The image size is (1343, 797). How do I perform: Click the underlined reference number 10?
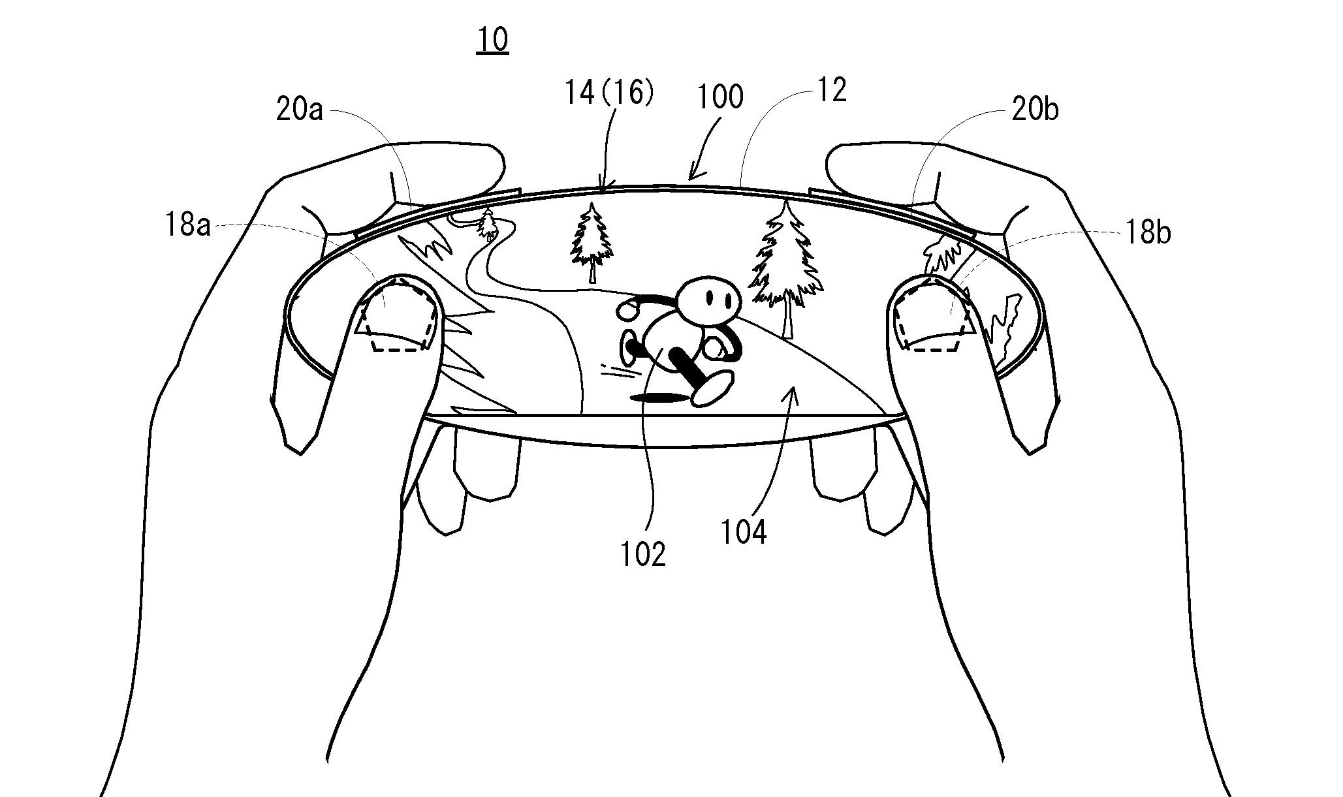tap(492, 40)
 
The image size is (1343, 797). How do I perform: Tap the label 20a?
tap(300, 110)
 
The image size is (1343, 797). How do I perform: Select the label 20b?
tap(1035, 110)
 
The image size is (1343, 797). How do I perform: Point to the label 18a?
tap(187, 226)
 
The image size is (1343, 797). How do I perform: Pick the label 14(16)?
tap(609, 93)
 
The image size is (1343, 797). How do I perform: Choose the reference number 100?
tap(720, 97)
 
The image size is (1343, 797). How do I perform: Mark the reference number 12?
tap(831, 91)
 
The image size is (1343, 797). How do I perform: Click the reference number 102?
tap(643, 554)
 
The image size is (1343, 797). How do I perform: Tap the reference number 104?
tap(744, 532)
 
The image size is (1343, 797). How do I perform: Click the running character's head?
tap(708, 301)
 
